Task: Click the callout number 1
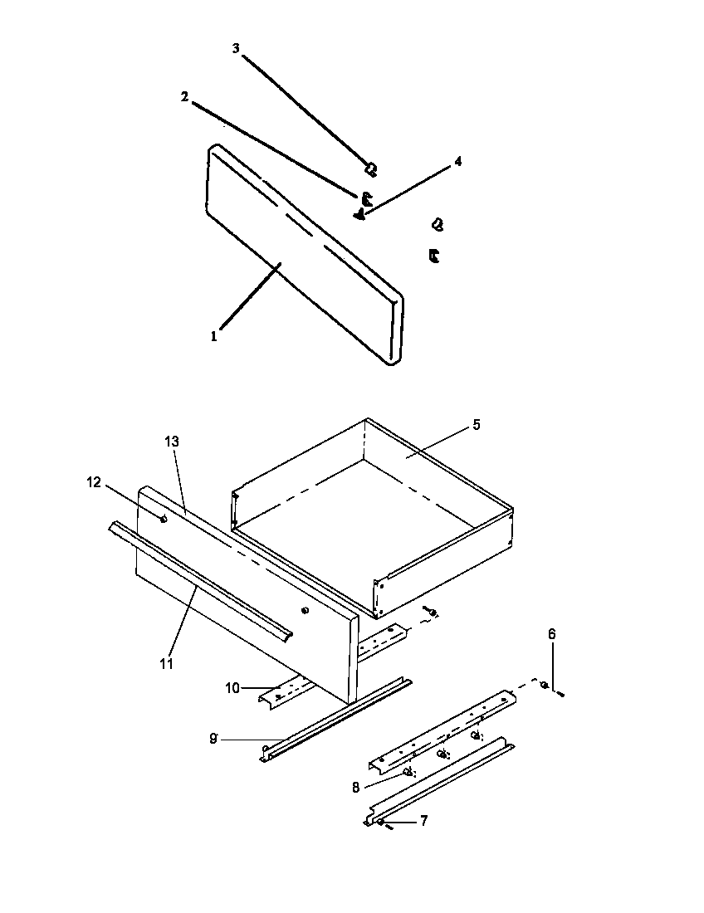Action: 213,336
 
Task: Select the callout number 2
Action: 184,96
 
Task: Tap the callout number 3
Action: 236,49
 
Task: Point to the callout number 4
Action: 457,162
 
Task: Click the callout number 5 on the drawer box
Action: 476,424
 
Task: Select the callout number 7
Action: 423,821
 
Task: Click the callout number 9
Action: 213,738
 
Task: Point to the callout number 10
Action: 232,688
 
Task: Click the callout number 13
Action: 172,442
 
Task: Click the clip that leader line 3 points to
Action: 371,169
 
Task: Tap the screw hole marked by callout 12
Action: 164,519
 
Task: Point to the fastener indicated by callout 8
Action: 407,772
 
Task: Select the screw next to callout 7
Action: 382,823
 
